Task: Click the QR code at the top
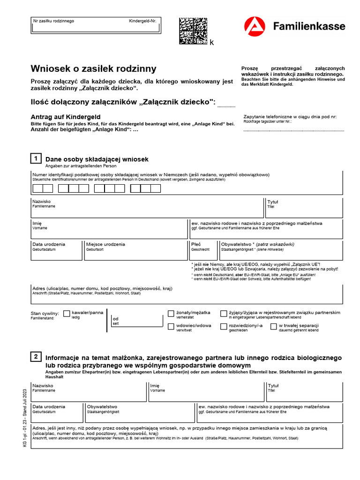pyautogui.click(x=193, y=31)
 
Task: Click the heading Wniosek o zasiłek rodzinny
pyautogui.click(x=94, y=68)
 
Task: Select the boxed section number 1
pyautogui.click(x=36, y=158)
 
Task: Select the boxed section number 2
pyautogui.click(x=36, y=357)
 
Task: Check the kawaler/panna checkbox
pyautogui.click(x=67, y=313)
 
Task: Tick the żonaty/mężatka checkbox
pyautogui.click(x=171, y=313)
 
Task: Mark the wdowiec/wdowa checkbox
pyautogui.click(x=171, y=326)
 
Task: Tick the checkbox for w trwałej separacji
pyautogui.click(x=273, y=326)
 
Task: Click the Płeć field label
pyautogui.click(x=196, y=244)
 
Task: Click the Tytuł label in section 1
pyautogui.click(x=273, y=202)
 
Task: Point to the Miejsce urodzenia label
pyautogui.click(x=105, y=244)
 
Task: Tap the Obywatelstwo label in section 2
pyautogui.click(x=102, y=406)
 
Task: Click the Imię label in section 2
pyautogui.click(x=155, y=386)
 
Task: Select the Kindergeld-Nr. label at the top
pyautogui.click(x=142, y=21)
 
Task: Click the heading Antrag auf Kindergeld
pyautogui.click(x=66, y=117)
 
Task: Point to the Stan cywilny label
pyautogui.click(x=45, y=313)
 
